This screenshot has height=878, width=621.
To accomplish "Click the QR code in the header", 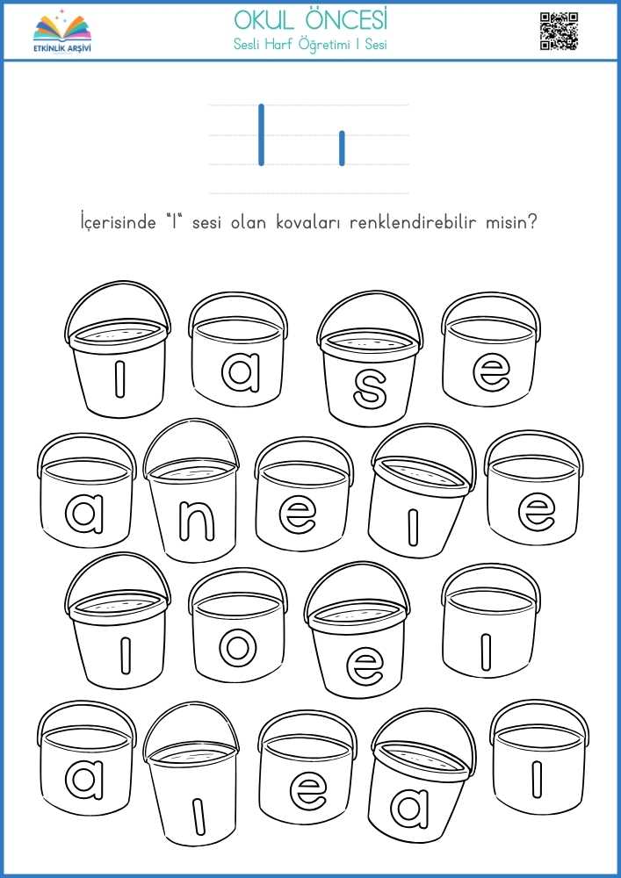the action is click(x=559, y=32).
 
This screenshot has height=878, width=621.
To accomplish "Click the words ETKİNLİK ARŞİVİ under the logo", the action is click(x=61, y=47).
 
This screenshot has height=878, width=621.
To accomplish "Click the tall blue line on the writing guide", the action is click(x=261, y=135).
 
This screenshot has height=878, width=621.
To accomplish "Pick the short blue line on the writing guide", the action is click(x=342, y=148).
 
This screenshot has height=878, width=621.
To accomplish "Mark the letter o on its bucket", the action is click(x=237, y=648).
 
